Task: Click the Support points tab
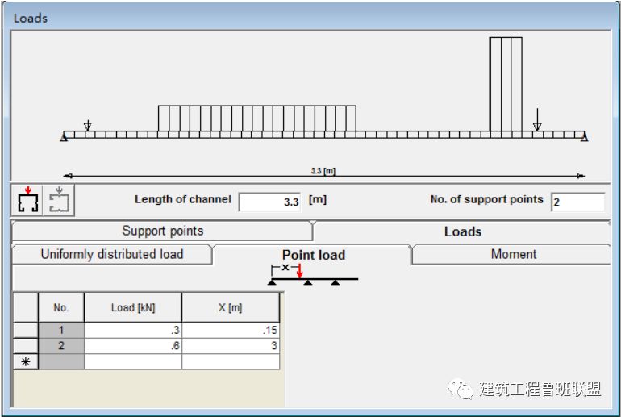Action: coord(162,231)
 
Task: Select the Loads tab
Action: coord(462,231)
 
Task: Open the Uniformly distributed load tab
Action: coord(112,254)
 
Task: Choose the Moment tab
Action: coord(513,254)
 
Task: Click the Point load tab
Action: coord(313,255)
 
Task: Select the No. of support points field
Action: coord(577,202)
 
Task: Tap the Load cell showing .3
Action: coord(133,330)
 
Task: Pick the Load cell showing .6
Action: coord(133,345)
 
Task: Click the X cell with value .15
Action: coord(231,330)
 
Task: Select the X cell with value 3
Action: coord(231,345)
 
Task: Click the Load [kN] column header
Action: coord(133,307)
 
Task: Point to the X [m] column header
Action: coord(231,307)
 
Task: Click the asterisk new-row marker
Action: coord(25,361)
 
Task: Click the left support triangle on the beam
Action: coord(64,137)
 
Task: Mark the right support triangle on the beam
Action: coord(585,137)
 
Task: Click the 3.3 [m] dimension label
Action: coord(323,171)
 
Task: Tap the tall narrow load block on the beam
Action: coord(505,84)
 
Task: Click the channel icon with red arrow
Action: coord(28,200)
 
